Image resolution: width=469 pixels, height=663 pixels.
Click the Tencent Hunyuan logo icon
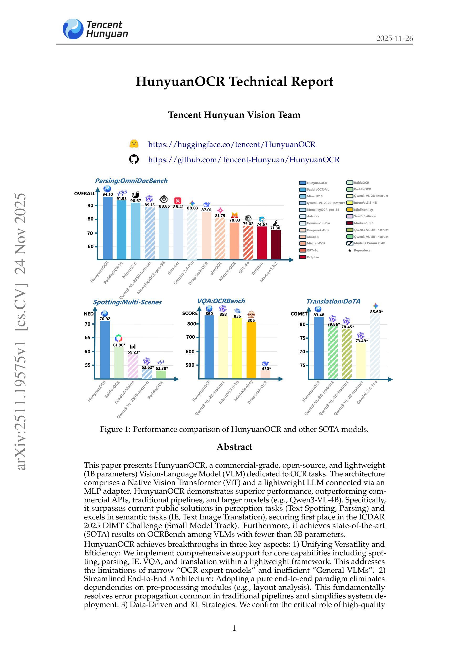(73, 29)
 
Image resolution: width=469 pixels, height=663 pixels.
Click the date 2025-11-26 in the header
(394, 38)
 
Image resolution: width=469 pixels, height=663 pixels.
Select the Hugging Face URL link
(231, 144)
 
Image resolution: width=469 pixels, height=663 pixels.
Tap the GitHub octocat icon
(134, 159)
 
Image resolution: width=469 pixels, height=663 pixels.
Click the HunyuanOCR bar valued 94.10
(108, 228)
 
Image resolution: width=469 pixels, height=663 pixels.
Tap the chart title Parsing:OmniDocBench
(131, 181)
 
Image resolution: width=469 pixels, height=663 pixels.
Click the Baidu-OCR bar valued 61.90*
(119, 362)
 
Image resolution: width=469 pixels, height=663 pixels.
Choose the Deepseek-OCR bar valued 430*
(265, 374)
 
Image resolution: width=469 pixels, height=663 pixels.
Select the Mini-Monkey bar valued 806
(251, 350)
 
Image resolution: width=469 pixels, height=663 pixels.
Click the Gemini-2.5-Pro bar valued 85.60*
(375, 346)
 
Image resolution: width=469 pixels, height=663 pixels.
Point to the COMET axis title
(299, 314)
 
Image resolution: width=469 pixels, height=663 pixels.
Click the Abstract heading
(234, 447)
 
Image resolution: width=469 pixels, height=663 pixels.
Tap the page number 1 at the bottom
(234, 628)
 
